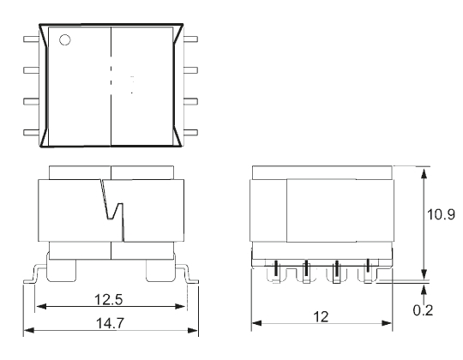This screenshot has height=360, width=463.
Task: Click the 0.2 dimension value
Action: pyautogui.click(x=423, y=309)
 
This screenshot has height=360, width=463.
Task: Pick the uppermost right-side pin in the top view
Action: pyautogui.click(x=190, y=39)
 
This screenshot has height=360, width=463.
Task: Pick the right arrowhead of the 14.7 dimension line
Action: pyautogui.click(x=194, y=330)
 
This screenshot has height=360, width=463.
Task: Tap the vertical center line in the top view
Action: pyautogui.click(x=112, y=86)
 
